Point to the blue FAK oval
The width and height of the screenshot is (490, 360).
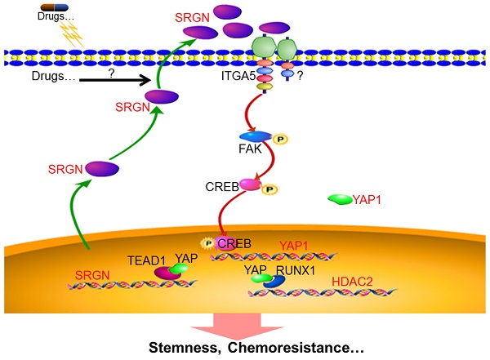[x=249, y=136]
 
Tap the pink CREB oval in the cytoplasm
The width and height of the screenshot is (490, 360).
[x=249, y=185]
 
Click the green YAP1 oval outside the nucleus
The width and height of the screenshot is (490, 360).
[x=339, y=199]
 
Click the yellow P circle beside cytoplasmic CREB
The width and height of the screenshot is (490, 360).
[x=268, y=189]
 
